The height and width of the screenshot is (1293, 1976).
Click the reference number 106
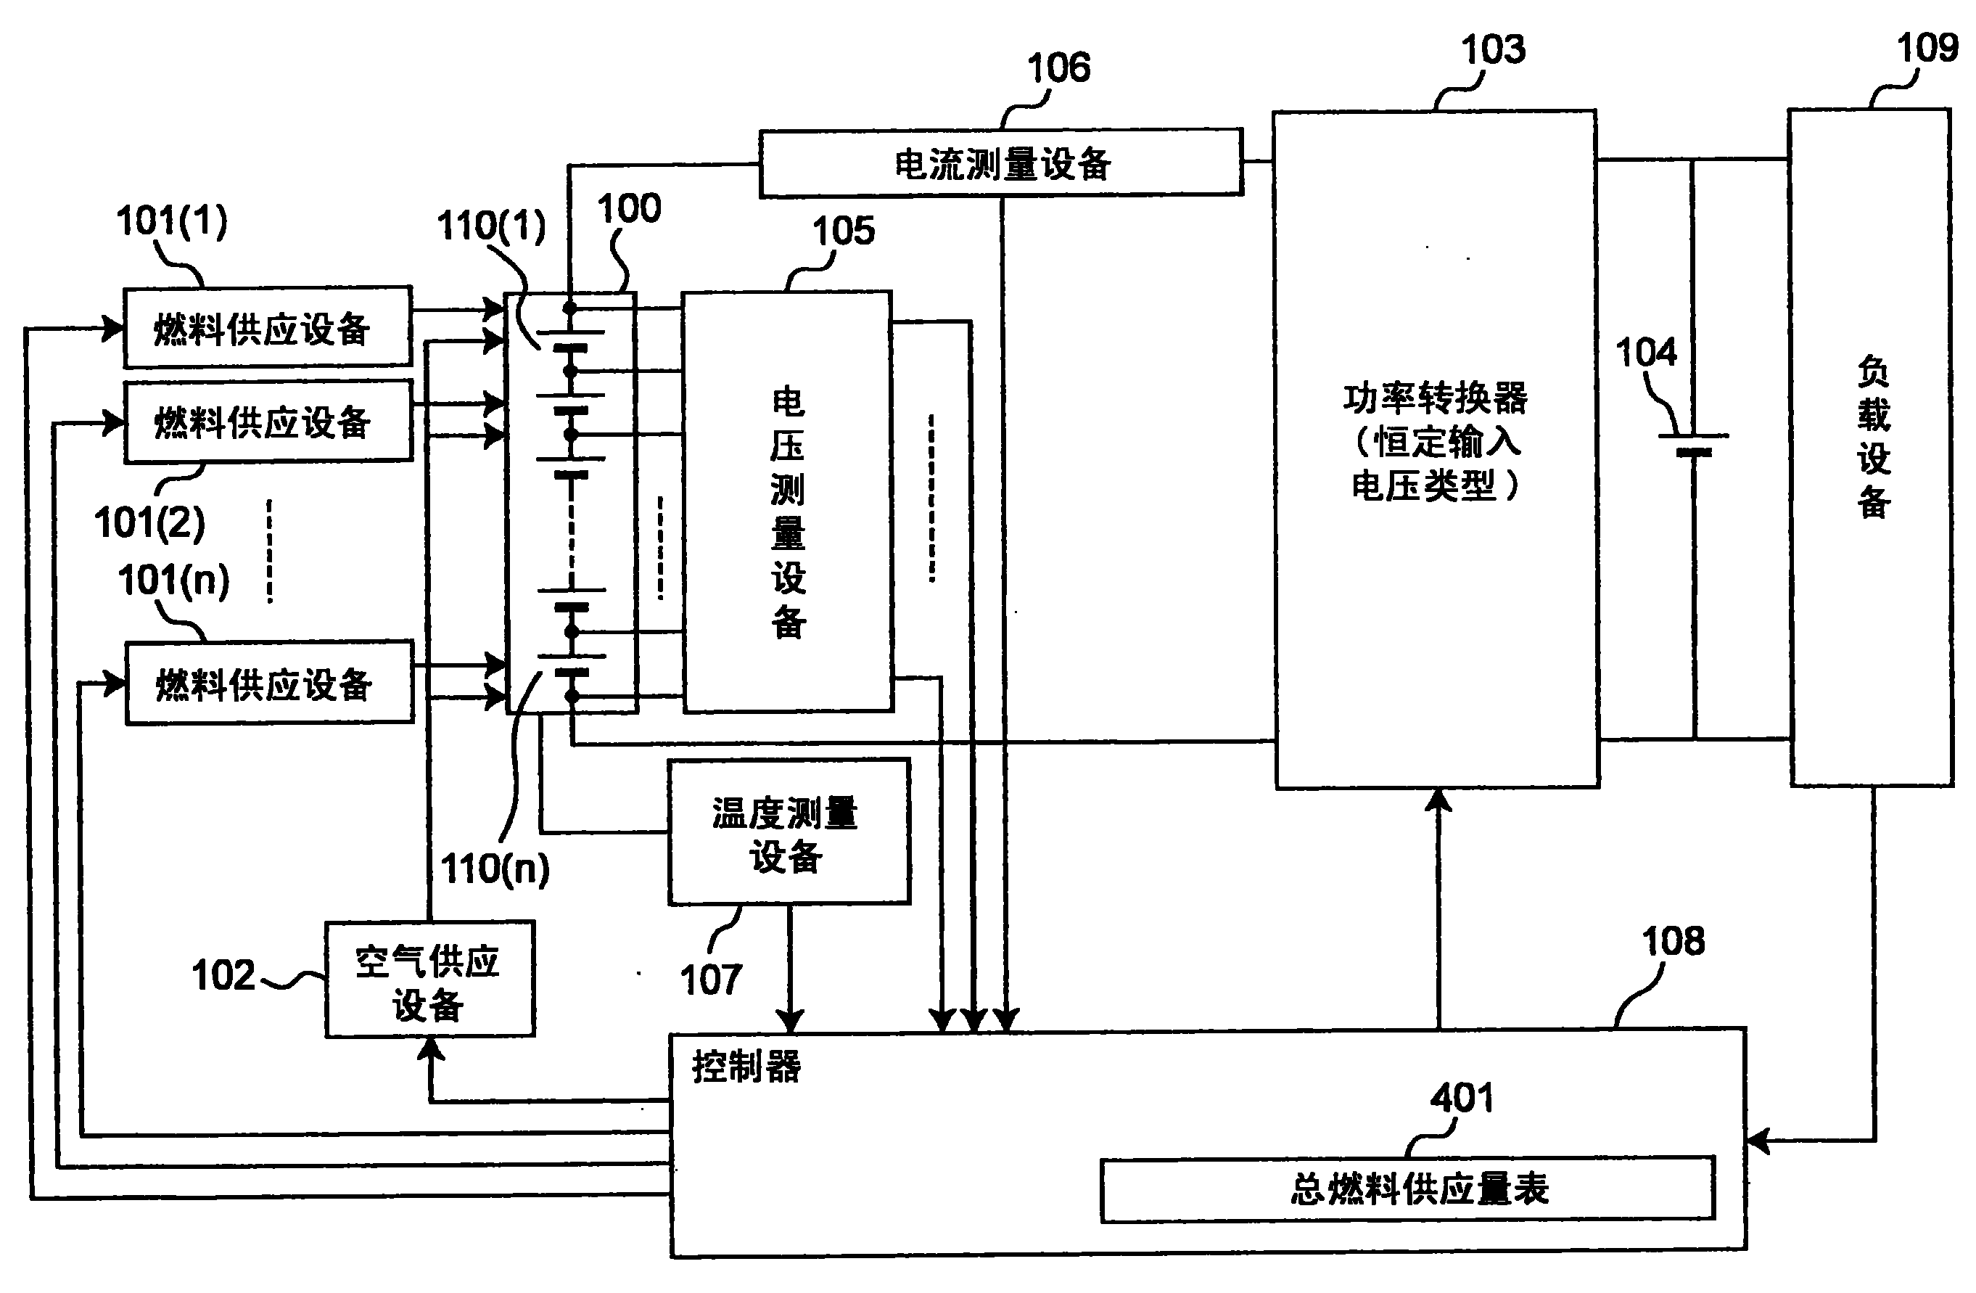1058,68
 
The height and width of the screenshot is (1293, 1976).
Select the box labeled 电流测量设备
1001,163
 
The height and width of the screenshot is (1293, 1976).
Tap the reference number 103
1493,50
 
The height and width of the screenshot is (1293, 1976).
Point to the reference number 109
1927,48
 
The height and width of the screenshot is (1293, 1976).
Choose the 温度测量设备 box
789,832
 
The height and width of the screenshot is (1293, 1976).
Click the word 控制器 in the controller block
746,1067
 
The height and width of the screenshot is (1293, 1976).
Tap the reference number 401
1461,1099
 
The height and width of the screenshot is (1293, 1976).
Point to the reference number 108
1673,942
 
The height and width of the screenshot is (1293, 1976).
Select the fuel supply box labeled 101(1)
268,328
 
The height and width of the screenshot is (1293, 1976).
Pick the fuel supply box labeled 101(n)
269,683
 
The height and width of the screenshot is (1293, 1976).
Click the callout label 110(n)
495,869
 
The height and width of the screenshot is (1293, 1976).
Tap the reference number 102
223,976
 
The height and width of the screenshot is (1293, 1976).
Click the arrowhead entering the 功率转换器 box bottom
1438,799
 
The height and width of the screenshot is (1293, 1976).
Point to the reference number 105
843,231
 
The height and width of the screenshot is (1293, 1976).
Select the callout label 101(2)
149,523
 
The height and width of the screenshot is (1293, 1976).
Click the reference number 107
711,980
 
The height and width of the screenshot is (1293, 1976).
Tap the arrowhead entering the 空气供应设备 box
430,1049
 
